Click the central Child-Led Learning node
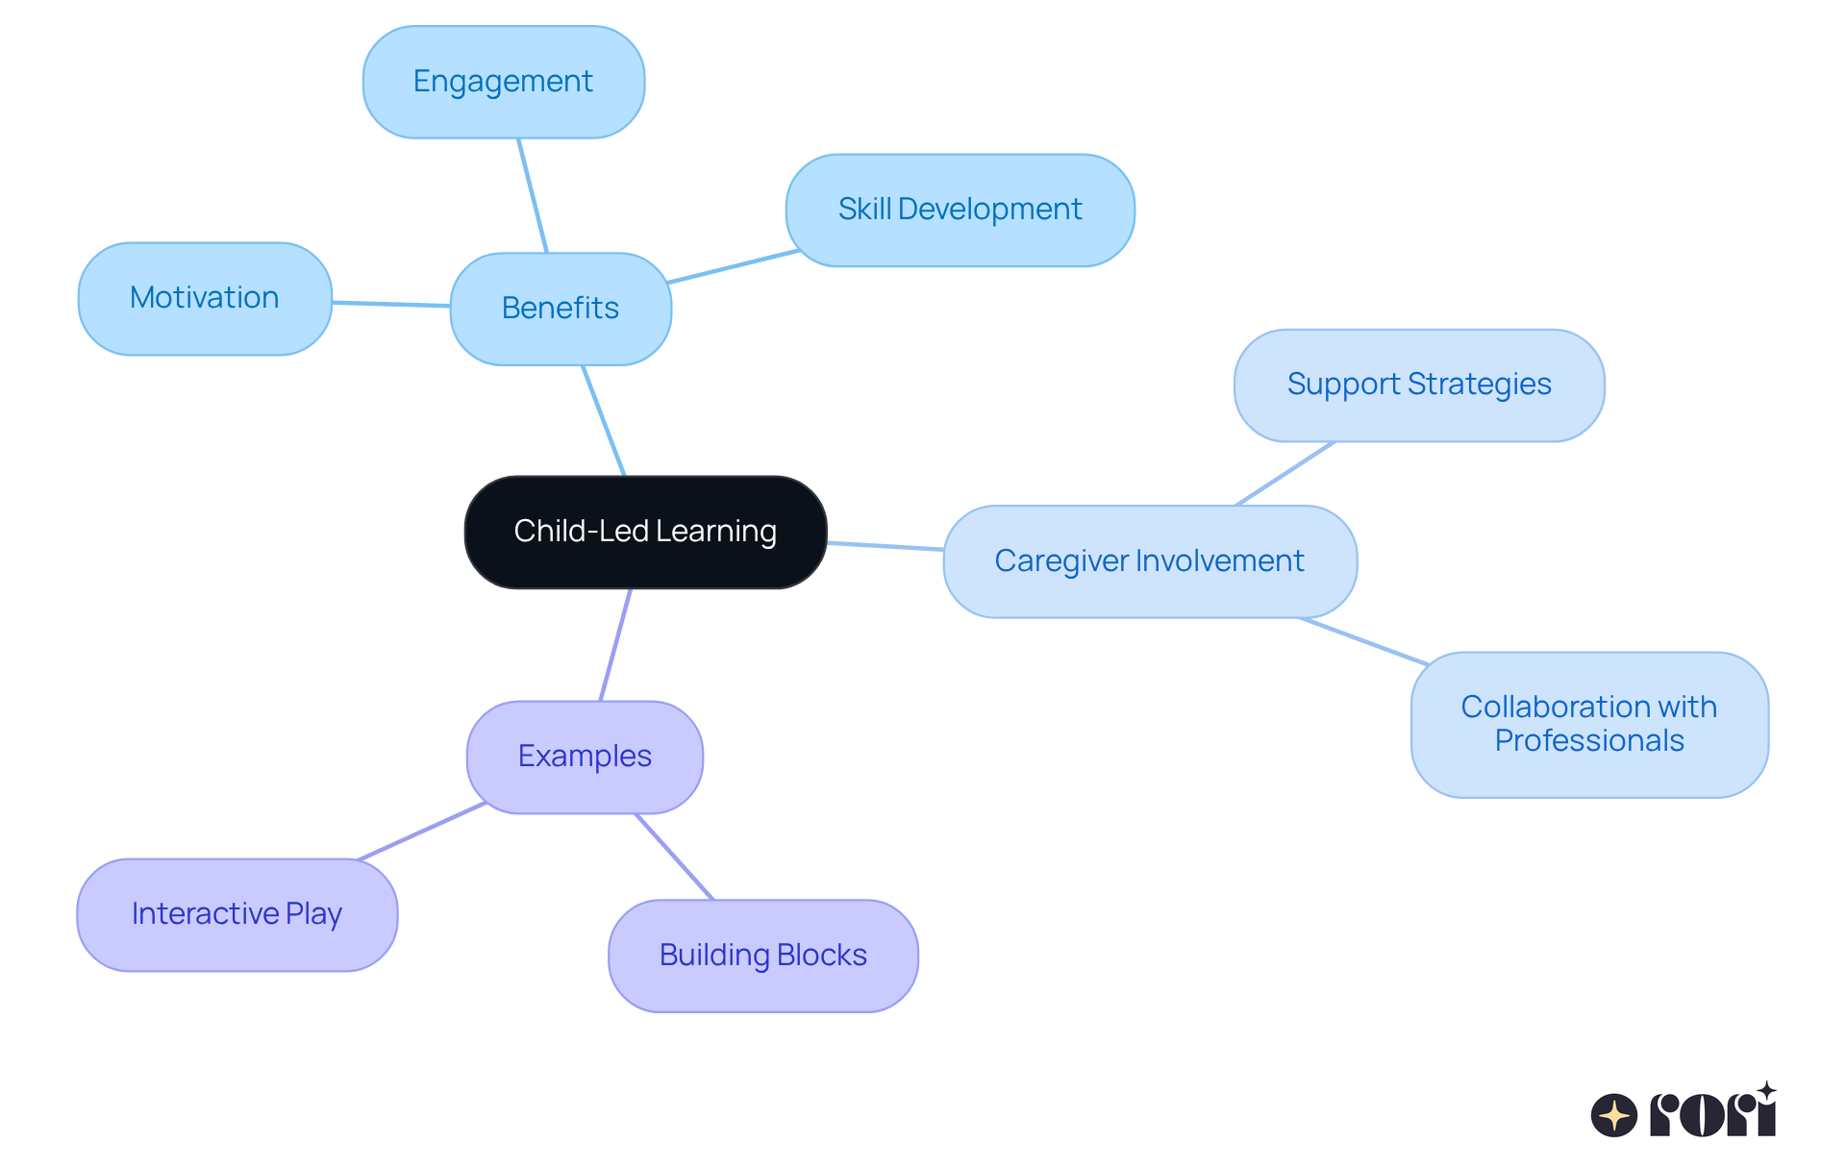(645, 532)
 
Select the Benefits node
(561, 309)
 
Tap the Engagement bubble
(503, 82)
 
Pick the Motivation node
(205, 298)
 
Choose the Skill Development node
(960, 210)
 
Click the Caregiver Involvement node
(1149, 561)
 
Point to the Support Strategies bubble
(1418, 385)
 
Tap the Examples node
(585, 757)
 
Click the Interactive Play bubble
(237, 914)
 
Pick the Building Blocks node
(762, 956)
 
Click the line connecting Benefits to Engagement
(533, 196)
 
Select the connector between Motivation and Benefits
(391, 305)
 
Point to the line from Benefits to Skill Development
(733, 266)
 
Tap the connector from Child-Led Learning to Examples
(615, 645)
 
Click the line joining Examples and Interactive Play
(421, 831)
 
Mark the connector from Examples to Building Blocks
(674, 857)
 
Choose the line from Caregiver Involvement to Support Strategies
(1285, 474)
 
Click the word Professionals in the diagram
(1589, 741)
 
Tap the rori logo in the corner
(1683, 1112)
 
